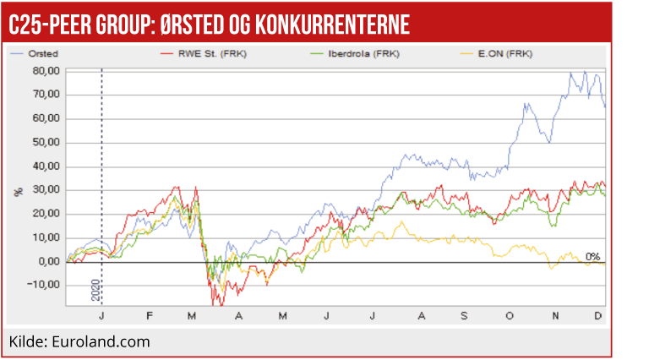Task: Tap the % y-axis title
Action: click(x=19, y=192)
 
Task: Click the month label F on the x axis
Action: click(x=150, y=314)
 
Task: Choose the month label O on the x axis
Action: click(x=509, y=314)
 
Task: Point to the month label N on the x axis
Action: click(x=554, y=314)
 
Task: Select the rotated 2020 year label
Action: click(x=95, y=289)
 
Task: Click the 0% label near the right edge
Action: click(x=592, y=256)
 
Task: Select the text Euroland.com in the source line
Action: click(x=101, y=341)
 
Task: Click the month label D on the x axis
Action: click(x=598, y=314)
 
